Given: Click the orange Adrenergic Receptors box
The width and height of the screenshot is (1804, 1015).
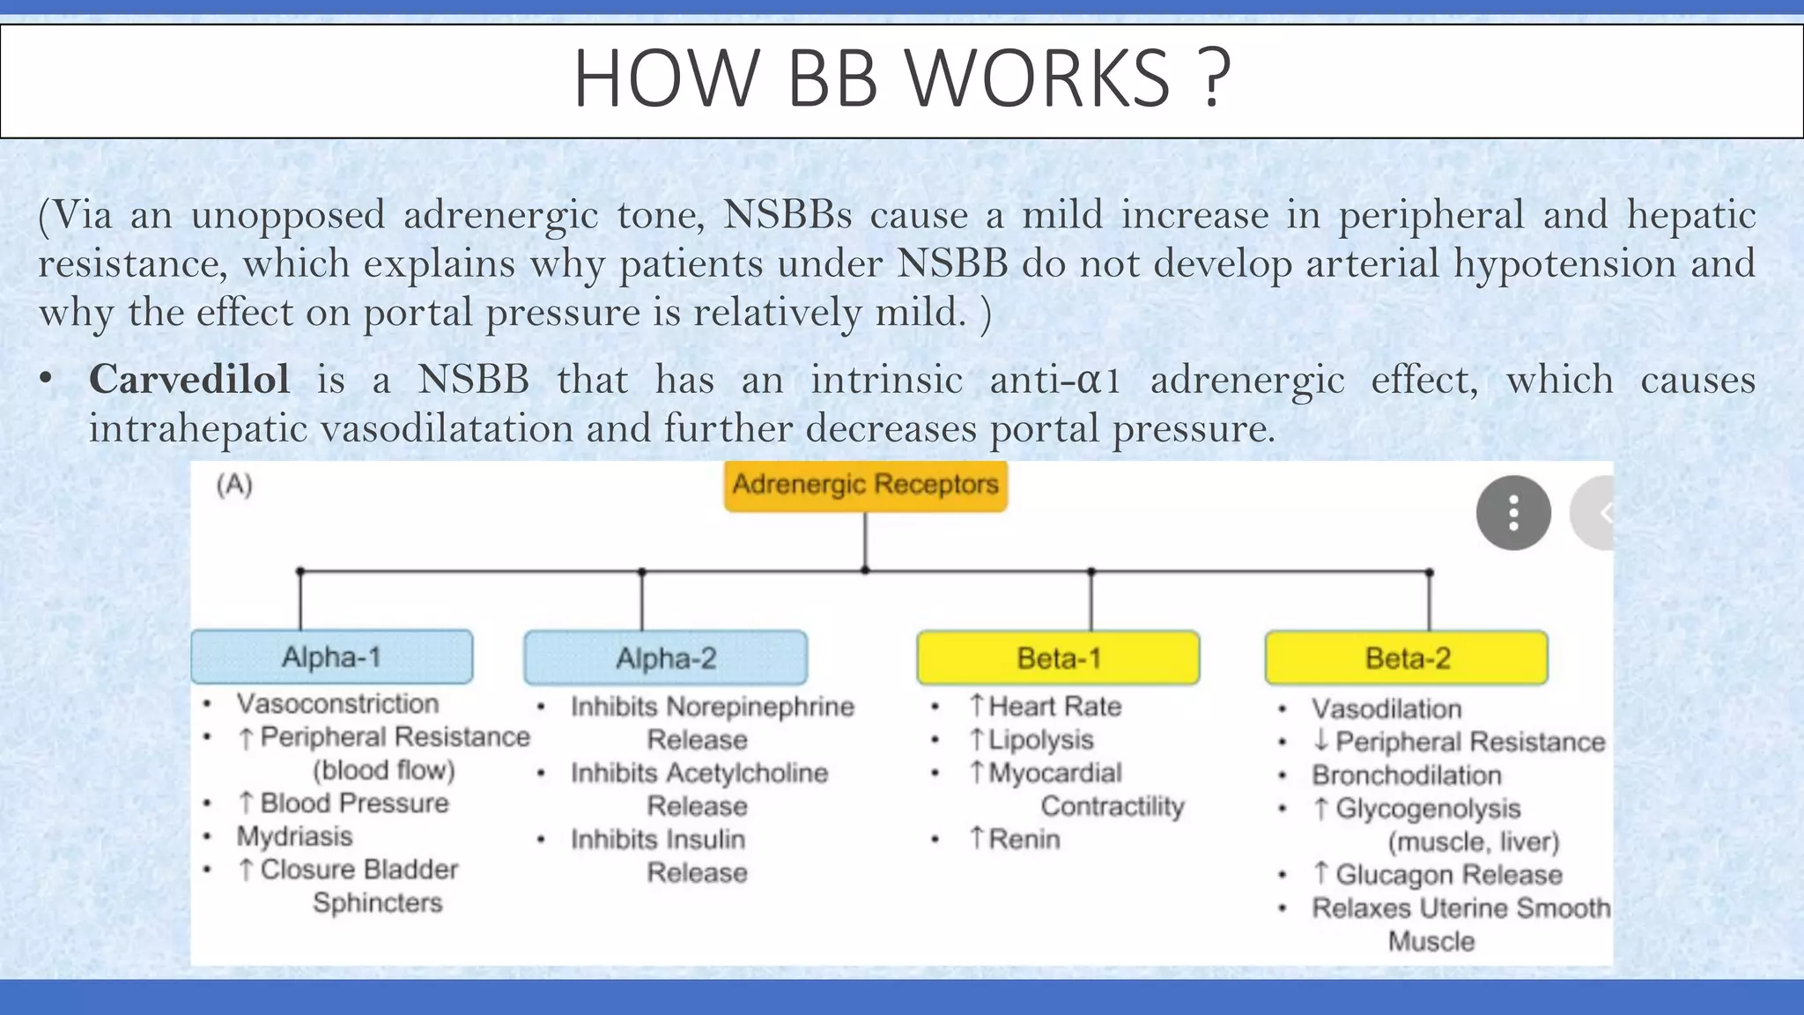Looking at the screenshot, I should tap(865, 485).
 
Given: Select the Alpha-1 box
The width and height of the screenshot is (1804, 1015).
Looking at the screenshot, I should tap(332, 657).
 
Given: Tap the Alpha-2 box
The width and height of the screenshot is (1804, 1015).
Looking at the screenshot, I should tap(666, 658).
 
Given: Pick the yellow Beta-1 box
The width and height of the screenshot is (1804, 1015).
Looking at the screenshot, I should tap(1058, 658).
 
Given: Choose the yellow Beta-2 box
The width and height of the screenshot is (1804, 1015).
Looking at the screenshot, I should tap(1407, 658).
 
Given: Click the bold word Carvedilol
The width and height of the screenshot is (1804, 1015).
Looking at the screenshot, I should tap(189, 380).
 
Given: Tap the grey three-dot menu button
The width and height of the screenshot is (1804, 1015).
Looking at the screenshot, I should tap(1513, 513).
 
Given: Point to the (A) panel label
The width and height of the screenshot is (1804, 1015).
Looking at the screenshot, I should tap(234, 485).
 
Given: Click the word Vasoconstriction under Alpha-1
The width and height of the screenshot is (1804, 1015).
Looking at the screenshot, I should tap(337, 704).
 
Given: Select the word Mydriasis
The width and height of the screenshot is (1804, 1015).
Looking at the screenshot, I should tap(294, 836).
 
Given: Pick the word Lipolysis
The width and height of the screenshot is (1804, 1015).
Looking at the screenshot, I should tap(1040, 740).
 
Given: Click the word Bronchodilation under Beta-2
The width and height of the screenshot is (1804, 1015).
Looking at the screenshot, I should tap(1406, 775).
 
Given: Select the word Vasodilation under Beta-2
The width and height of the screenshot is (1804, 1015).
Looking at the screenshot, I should tap(1386, 709).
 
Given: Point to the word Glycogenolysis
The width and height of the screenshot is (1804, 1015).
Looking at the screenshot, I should tap(1428, 809).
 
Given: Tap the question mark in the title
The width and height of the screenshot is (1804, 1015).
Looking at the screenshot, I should tap(1215, 79).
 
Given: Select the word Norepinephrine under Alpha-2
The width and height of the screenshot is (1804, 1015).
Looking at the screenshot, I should tap(760, 707).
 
